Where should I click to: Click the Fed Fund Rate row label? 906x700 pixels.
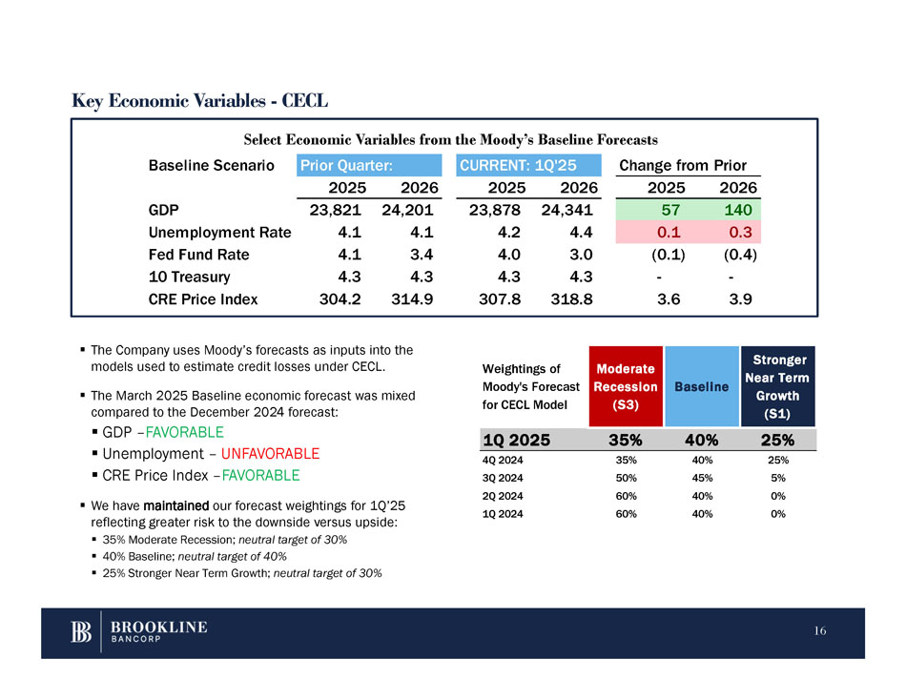point(199,255)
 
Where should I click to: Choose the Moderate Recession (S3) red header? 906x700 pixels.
point(625,386)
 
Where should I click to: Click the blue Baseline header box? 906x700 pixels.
point(702,386)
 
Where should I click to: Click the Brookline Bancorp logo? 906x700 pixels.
point(139,632)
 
